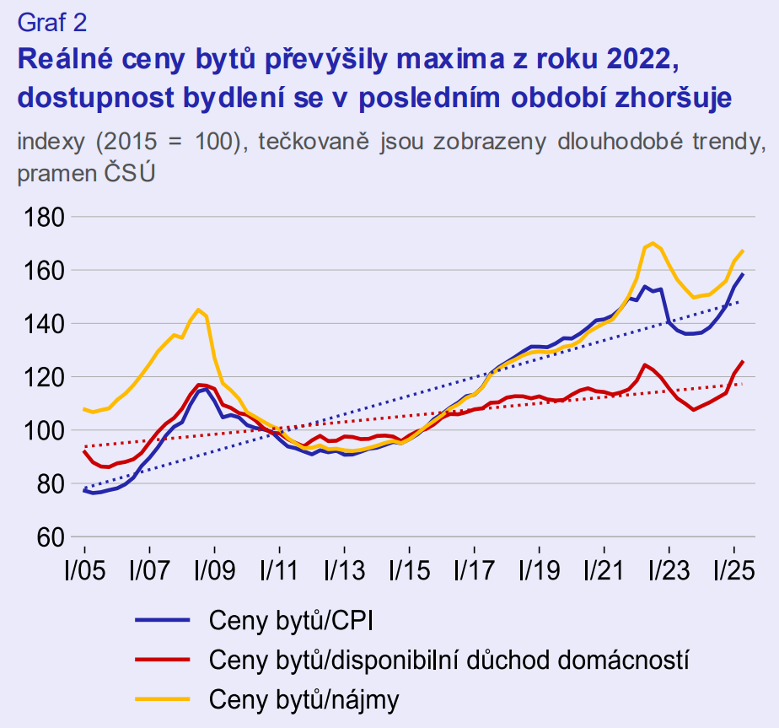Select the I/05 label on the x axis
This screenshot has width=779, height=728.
(x=83, y=570)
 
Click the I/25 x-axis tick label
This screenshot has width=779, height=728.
(x=733, y=570)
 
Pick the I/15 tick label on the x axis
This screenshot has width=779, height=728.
(x=408, y=570)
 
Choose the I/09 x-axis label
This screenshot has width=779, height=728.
(x=213, y=570)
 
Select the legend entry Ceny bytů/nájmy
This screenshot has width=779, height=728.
(x=304, y=698)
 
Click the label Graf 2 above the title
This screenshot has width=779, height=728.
(x=51, y=21)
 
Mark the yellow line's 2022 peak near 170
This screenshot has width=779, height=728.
(x=653, y=243)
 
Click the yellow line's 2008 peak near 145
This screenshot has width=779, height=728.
(x=198, y=310)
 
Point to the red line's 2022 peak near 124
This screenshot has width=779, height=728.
(x=644, y=364)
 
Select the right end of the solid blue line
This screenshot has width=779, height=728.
(x=743, y=273)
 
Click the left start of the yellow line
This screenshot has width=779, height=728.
(x=83, y=409)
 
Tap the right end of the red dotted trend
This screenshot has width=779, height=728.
(x=742, y=384)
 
